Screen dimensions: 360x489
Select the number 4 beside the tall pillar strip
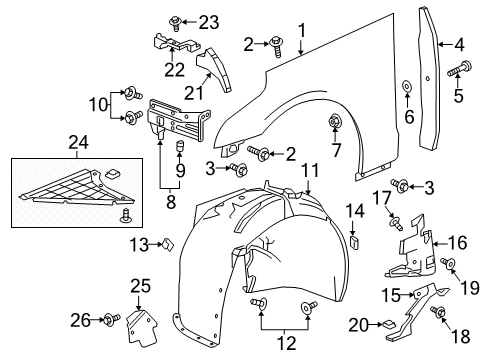pyautogui.click(x=459, y=44)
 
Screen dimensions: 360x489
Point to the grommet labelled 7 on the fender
pyautogui.click(x=335, y=123)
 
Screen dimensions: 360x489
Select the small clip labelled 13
pyautogui.click(x=167, y=243)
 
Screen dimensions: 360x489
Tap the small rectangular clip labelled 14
pyautogui.click(x=354, y=241)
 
